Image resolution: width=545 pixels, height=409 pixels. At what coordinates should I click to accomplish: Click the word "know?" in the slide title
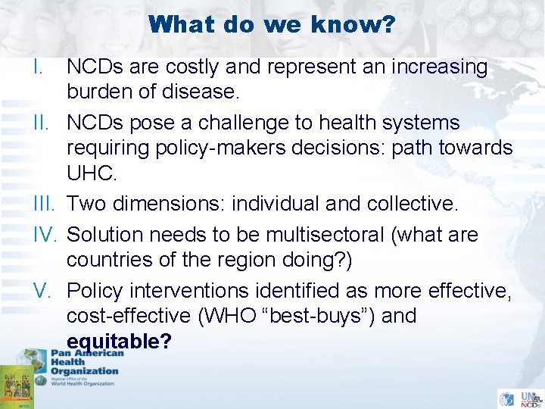click(x=357, y=25)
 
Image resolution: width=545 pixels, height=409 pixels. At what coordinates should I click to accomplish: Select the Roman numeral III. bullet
click(x=24, y=204)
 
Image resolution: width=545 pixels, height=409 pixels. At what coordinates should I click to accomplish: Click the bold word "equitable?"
click(x=119, y=341)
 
